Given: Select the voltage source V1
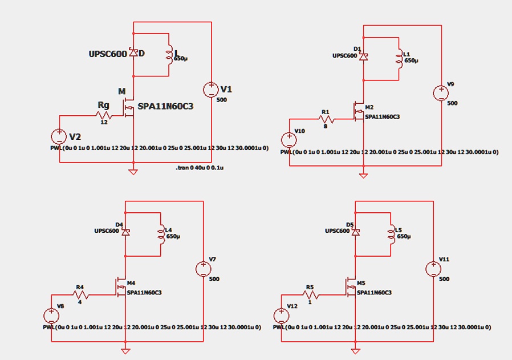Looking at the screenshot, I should [211, 90].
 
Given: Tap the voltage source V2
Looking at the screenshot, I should [59, 136].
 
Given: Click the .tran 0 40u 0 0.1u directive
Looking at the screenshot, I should [199, 168].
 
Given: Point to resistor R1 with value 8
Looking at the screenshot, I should [327, 120].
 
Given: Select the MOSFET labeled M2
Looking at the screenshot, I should [359, 112].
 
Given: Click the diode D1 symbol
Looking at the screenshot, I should [363, 56].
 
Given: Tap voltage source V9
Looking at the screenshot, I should [441, 93].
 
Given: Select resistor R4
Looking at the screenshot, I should [81, 295].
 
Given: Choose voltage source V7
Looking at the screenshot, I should [203, 268].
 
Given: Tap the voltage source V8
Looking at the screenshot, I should [51, 315].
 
